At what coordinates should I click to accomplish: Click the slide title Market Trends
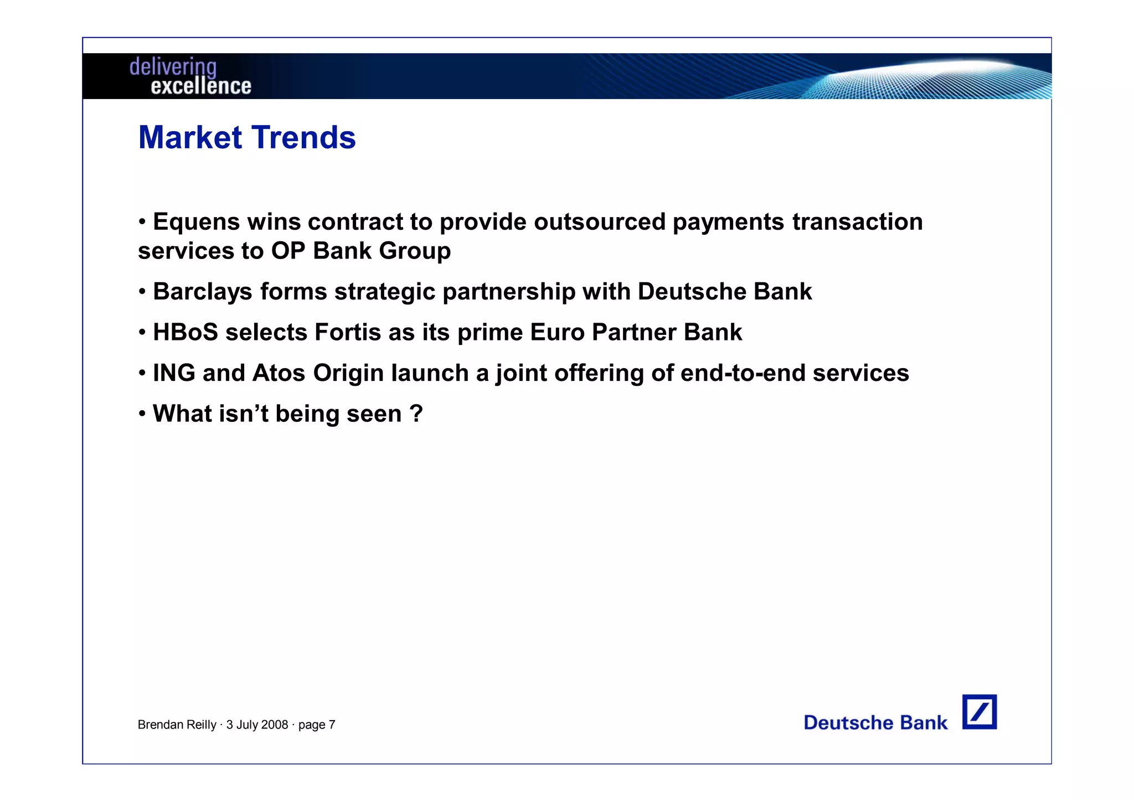pyautogui.click(x=247, y=137)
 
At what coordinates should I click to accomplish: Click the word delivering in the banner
pyautogui.click(x=173, y=67)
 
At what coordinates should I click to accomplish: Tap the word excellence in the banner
pyautogui.click(x=200, y=86)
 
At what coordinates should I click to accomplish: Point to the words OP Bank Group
pyautogui.click(x=360, y=251)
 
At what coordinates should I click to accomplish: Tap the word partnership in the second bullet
pyautogui.click(x=508, y=292)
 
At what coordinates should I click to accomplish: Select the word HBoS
pyautogui.click(x=185, y=333)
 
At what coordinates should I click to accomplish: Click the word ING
pyautogui.click(x=174, y=373)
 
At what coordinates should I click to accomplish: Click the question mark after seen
pyautogui.click(x=416, y=414)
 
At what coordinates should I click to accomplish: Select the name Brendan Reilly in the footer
pyautogui.click(x=177, y=725)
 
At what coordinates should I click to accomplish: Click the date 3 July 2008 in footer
pyautogui.click(x=257, y=725)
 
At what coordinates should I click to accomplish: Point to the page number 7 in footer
pyautogui.click(x=332, y=725)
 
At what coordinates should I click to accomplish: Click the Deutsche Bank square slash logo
pyautogui.click(x=979, y=712)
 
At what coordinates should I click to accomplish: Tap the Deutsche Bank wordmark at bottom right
pyautogui.click(x=875, y=722)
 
